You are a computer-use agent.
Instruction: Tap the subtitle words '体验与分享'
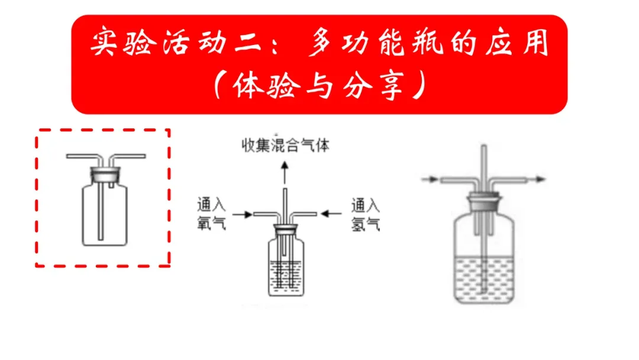319,87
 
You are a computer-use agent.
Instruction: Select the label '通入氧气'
211,214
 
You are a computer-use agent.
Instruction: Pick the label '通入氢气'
365,214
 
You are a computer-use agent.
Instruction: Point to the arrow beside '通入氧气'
243,213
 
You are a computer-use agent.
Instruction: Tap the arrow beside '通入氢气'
331,213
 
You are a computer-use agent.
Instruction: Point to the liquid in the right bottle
484,275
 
